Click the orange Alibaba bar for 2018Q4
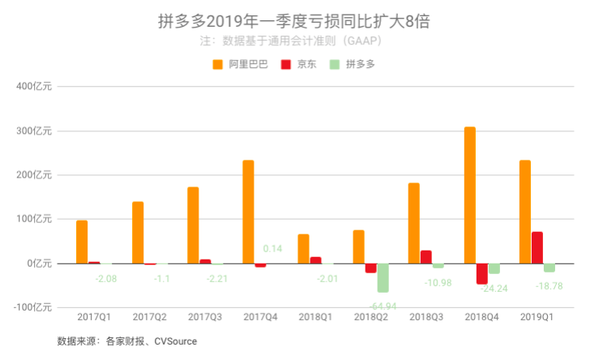tap(470, 195)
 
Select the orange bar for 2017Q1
tap(82, 242)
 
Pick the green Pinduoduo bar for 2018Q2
tap(383, 277)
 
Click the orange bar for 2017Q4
tap(248, 212)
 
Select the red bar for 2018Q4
tap(481, 273)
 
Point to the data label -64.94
tap(382, 305)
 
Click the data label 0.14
tap(272, 249)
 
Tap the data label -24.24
tap(493, 288)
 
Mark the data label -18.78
tap(549, 286)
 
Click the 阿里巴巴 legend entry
tap(240, 64)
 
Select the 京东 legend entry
tap(299, 64)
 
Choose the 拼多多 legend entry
tap(353, 64)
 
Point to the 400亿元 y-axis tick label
tap(34, 87)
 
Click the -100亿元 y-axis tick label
tap(32, 307)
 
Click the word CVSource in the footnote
tap(175, 341)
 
